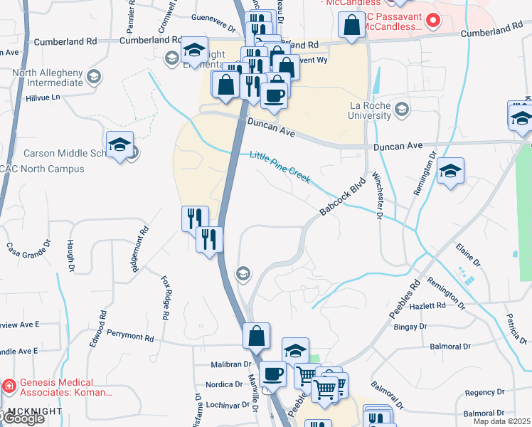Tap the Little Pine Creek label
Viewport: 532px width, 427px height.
pos(280,166)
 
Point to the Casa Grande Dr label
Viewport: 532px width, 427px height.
pos(29,248)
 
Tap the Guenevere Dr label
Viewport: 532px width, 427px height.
pos(213,29)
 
